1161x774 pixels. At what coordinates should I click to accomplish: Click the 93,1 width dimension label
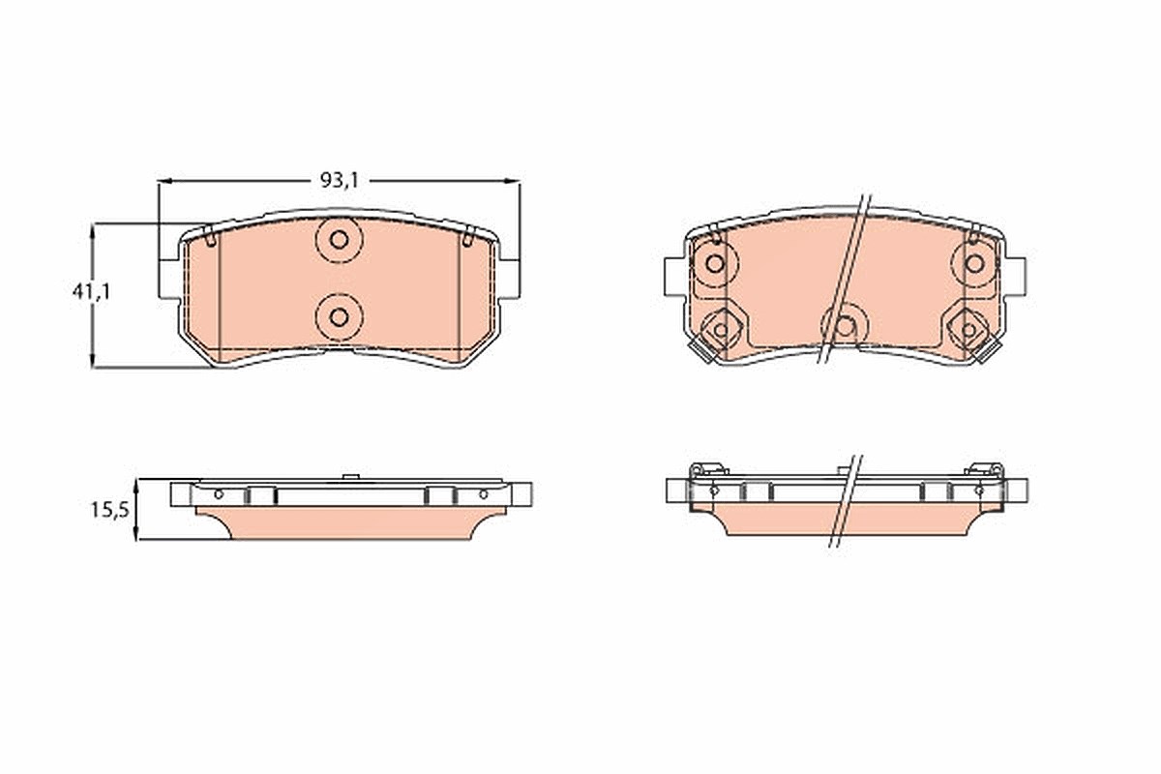point(340,180)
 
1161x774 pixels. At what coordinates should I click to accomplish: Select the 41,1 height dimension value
point(91,292)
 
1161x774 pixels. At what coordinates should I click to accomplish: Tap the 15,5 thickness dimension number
point(110,510)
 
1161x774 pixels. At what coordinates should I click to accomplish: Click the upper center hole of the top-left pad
point(339,240)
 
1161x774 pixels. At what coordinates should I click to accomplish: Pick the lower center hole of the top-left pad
point(339,317)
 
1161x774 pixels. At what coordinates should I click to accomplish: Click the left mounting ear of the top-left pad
point(169,279)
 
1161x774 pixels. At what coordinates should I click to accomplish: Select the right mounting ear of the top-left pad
point(509,279)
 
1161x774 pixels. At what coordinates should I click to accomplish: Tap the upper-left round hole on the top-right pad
point(715,263)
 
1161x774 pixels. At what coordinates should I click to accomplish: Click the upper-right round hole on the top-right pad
point(975,263)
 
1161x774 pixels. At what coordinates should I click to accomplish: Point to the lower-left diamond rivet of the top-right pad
point(721,330)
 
